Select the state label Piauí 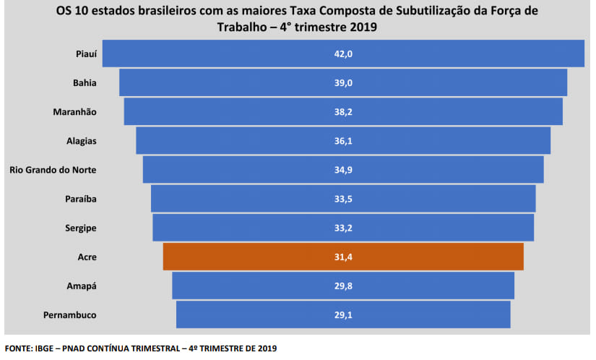85,54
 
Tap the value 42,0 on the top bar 343,54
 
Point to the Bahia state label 85,83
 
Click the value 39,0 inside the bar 343,83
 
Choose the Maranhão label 74,112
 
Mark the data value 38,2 343,112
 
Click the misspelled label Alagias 81,141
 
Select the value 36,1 343,141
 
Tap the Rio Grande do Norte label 53,170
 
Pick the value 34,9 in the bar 343,170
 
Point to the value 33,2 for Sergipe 343,228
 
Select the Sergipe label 80,228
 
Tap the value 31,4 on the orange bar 343,257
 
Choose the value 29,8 343,286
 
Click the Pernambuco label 69,314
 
